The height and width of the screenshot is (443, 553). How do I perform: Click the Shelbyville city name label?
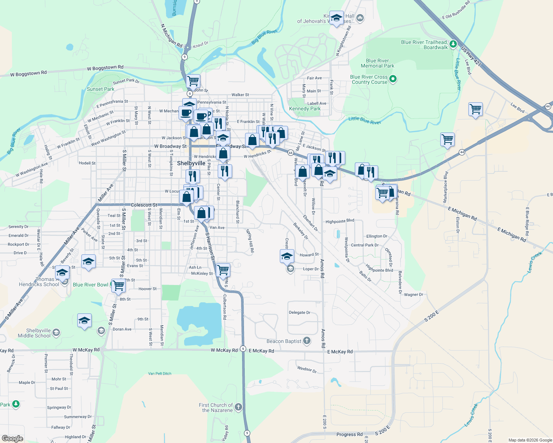coord(191,163)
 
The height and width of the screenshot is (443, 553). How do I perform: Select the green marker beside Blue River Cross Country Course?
coord(393,79)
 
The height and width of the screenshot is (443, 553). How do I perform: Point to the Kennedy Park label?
coord(305,109)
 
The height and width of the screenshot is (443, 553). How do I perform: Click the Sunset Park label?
coord(100,89)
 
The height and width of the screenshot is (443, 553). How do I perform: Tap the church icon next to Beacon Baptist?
coord(307,341)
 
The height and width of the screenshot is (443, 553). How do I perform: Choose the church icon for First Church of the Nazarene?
coord(238,407)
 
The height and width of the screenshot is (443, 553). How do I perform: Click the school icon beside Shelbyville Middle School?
coord(56,333)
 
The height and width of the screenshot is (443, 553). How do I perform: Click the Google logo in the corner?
coord(12,438)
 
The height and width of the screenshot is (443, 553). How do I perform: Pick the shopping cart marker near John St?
coord(193,80)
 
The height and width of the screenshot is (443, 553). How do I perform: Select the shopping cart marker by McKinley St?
coord(223,269)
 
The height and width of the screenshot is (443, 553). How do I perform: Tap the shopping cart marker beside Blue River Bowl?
coord(118,285)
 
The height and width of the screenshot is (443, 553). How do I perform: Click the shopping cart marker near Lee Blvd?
coord(475,109)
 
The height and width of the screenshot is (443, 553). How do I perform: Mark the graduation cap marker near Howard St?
coord(287,256)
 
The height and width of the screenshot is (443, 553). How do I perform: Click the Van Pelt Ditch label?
coord(160,374)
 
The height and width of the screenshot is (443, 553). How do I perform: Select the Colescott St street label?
coord(144,205)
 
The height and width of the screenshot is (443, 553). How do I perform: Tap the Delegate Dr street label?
coord(299,312)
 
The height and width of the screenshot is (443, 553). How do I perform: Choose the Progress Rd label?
coord(349,435)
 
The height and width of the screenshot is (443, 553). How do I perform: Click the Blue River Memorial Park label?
coord(377,63)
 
